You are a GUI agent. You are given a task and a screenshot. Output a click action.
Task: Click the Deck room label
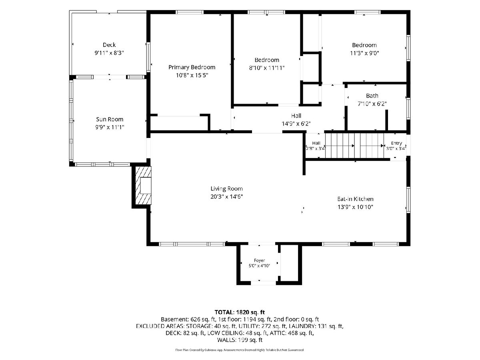[109, 45]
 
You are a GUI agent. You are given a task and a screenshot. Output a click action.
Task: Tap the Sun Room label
[110, 119]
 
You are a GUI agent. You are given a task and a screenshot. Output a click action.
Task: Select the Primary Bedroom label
[192, 67]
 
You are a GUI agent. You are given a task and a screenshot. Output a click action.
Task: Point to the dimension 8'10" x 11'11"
[267, 68]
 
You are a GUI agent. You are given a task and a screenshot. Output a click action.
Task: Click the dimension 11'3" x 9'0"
[364, 53]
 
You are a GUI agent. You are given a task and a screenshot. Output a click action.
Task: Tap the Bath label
[372, 96]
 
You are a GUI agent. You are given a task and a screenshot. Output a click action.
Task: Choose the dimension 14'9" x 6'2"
[296, 124]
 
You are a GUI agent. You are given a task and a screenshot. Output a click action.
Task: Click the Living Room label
[226, 189]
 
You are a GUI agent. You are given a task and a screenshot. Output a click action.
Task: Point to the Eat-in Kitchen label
[355, 199]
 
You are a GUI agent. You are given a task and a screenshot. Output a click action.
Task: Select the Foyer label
[259, 260]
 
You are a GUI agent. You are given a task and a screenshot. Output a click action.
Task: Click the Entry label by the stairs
[396, 143]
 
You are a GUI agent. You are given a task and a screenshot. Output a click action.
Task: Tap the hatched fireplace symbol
[143, 185]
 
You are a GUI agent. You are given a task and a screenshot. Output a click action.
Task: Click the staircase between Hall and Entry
[354, 146]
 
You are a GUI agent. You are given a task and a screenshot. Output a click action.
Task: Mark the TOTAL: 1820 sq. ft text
[240, 312]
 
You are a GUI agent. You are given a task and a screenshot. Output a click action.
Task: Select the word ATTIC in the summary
[277, 333]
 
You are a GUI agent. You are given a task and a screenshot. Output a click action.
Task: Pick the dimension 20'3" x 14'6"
[226, 197]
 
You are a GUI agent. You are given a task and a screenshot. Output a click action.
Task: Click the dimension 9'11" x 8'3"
[109, 53]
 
